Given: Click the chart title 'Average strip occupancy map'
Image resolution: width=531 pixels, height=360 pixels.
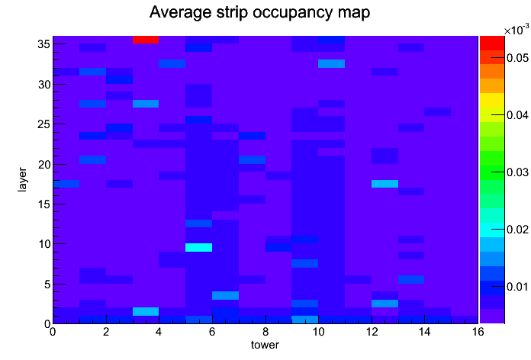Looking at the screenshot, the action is tap(259, 12).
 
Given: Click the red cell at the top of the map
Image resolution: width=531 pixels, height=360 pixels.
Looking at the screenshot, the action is tap(146, 40).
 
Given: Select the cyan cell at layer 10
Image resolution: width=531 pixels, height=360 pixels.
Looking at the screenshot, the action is tap(199, 247).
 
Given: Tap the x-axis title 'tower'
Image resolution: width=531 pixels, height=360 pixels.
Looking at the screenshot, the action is tap(265, 345).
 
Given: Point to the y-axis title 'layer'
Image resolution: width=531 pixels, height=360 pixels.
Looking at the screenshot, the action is tap(22, 179).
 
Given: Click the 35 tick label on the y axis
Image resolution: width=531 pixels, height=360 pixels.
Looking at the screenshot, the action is tap(44, 44).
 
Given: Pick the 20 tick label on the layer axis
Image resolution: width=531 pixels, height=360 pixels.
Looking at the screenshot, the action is tap(44, 165).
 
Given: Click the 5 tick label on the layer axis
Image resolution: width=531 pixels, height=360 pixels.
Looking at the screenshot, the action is tap(47, 284).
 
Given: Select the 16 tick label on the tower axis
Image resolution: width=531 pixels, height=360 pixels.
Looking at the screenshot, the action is tap(478, 332).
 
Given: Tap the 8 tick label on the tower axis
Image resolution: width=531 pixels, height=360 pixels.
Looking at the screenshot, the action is tap(265, 332).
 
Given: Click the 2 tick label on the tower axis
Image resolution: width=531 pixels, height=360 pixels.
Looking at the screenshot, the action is tap(105, 332).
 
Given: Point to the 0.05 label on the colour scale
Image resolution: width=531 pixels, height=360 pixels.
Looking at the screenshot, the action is tap(517, 58).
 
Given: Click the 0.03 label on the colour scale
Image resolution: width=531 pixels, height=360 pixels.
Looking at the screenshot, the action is tap(517, 172).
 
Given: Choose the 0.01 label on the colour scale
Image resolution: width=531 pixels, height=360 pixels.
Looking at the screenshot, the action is tap(517, 287).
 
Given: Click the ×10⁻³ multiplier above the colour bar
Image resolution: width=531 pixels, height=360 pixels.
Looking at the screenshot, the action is tap(517, 30).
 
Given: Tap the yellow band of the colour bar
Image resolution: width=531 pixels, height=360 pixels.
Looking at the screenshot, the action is tap(492, 101).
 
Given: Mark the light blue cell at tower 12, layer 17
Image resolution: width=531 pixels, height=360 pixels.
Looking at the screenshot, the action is tap(385, 184).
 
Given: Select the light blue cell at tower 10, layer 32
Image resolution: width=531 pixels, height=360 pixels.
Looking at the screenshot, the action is tap(332, 63).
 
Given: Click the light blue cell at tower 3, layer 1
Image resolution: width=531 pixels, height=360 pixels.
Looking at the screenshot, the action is tap(146, 312).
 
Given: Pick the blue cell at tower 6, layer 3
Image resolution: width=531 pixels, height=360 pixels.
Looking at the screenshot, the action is tap(225, 295).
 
